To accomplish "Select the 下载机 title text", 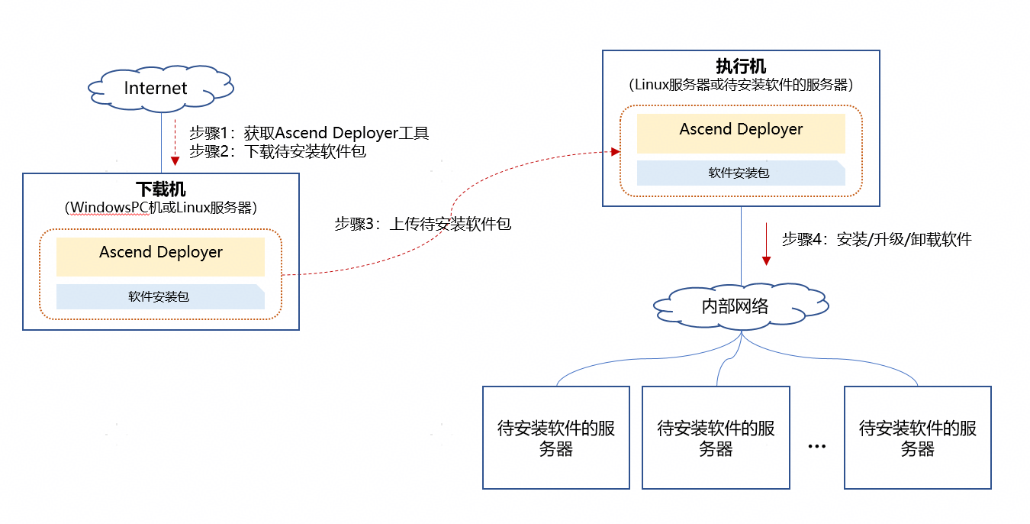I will click(x=160, y=189).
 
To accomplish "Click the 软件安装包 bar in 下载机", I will click(x=159, y=296).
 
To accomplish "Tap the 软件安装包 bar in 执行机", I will click(x=740, y=173).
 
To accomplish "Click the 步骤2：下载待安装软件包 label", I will click(x=278, y=151).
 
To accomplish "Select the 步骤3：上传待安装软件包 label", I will click(x=422, y=224).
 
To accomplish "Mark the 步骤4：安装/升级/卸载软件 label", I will click(x=877, y=239).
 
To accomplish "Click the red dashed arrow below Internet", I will click(x=175, y=142).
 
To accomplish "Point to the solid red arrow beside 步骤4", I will click(x=766, y=244).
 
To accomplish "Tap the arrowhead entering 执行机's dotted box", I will click(x=614, y=152).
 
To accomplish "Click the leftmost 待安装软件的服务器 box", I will click(x=556, y=438).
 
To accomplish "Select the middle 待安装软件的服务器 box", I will click(x=716, y=438).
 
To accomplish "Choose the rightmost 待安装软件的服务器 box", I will click(x=917, y=438).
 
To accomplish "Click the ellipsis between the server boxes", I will click(x=816, y=446).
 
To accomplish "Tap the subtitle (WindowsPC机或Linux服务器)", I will click(x=160, y=207).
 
